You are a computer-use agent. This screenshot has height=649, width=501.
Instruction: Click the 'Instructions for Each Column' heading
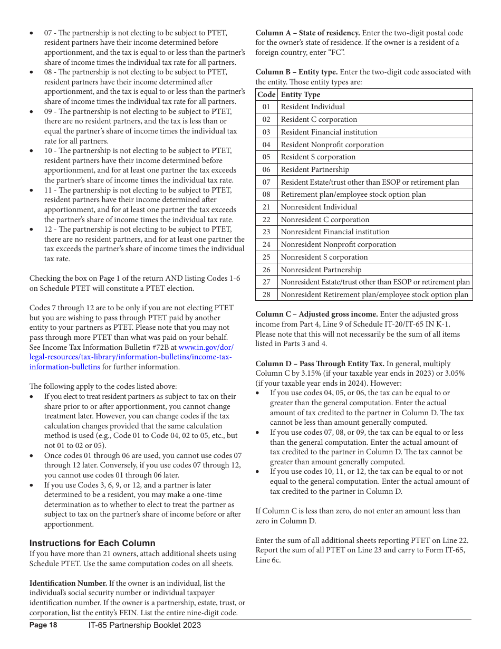pos(92,543)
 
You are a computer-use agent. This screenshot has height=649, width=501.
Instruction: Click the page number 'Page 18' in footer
pos(43,625)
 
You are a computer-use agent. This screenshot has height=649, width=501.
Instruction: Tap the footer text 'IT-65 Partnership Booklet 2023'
pos(144,625)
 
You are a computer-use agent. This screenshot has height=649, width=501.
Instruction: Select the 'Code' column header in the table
pos(266,94)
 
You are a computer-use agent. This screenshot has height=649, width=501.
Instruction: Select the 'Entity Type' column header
pos(300,94)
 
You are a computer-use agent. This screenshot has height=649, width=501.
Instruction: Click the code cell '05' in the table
pos(266,157)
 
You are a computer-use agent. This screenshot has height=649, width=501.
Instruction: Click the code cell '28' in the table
pos(266,294)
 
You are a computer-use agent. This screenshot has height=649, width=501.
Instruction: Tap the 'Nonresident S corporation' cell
pos(324,257)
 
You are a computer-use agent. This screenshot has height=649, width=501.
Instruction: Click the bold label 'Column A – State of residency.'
pos(307,33)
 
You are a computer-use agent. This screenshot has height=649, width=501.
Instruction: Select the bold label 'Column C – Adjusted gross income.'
pos(316,314)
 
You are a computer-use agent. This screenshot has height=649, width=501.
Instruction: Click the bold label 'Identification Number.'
pos(68,583)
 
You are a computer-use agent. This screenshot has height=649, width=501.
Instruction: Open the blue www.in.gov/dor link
pos(206,347)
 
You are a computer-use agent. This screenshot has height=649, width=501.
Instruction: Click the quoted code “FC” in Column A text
pos(336,52)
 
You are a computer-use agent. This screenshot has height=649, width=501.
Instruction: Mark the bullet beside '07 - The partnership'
pos(32,33)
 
